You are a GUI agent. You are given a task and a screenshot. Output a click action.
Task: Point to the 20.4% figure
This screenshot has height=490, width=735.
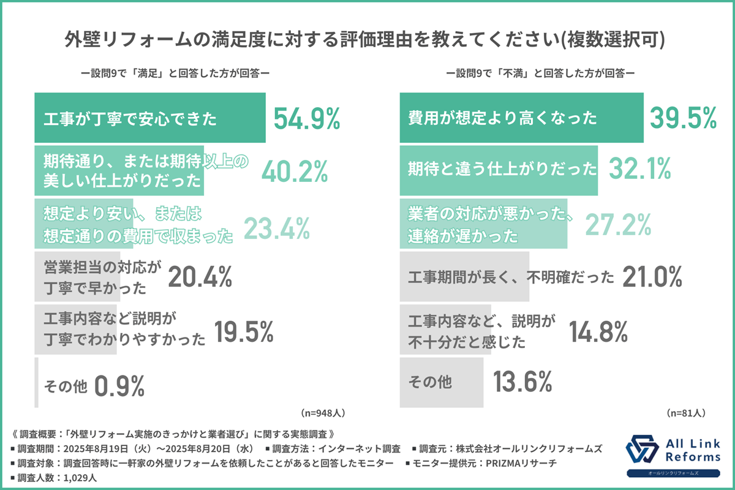[x=200, y=277]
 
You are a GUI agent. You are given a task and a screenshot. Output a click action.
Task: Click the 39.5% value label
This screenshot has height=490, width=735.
[x=682, y=118]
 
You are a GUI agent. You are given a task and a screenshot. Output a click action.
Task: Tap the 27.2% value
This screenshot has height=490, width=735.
[x=618, y=224]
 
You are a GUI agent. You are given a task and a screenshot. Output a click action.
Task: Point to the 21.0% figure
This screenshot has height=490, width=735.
[x=652, y=277]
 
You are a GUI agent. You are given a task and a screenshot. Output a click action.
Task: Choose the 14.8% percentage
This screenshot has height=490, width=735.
[x=598, y=331]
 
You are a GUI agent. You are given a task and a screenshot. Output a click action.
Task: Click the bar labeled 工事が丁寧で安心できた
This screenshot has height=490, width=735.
[x=150, y=118]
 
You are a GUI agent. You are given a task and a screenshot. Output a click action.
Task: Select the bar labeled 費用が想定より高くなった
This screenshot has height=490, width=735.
[x=521, y=118]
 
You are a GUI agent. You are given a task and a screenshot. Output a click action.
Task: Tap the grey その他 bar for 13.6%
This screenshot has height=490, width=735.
[x=439, y=383]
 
